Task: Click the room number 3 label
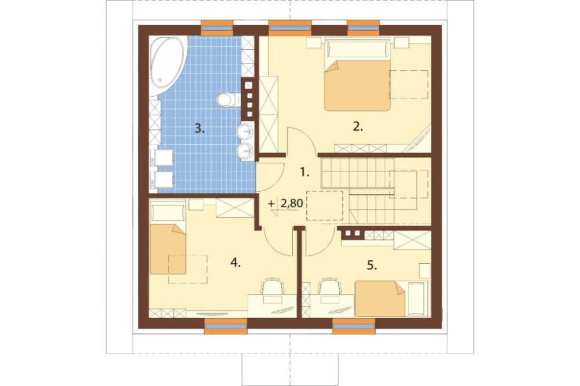coord(200,129)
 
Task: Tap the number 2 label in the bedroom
coord(358,127)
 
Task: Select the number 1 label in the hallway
coord(304,172)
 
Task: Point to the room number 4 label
coord(235,263)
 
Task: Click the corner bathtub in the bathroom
coord(166,66)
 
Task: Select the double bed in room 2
coord(357,75)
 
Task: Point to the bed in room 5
coord(391,299)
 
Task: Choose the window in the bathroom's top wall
coord(217,28)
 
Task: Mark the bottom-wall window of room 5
coord(354,326)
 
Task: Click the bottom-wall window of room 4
coord(226,326)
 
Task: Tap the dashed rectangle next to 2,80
coord(325,206)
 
